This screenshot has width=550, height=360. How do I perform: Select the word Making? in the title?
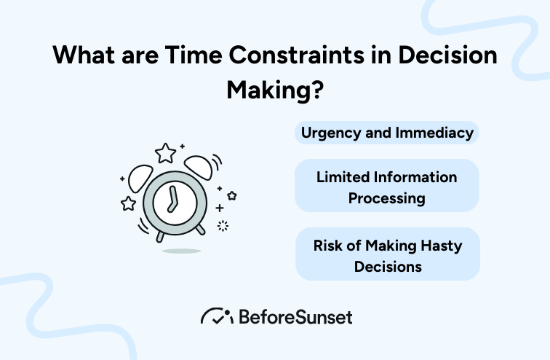(275, 91)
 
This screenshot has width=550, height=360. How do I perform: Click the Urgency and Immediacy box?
(387, 133)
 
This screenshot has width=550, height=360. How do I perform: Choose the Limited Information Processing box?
(387, 187)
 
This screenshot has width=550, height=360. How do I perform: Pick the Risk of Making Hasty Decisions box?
(387, 255)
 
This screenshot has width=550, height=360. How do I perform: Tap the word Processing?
(387, 197)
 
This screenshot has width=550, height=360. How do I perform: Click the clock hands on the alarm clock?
(172, 197)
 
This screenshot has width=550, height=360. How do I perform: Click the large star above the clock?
(166, 153)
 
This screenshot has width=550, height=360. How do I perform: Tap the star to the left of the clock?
(129, 203)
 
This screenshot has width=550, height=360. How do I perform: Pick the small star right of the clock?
(231, 195)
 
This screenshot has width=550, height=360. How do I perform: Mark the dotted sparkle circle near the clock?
(223, 226)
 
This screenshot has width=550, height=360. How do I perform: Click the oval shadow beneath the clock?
(181, 251)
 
